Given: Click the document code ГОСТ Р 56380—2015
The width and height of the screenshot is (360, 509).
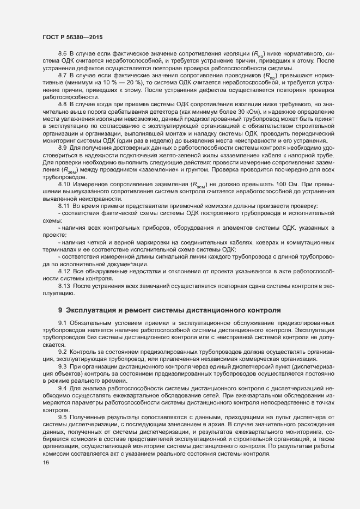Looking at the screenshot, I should click(71, 37).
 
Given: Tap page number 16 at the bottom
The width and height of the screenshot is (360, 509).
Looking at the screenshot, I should click(46, 463).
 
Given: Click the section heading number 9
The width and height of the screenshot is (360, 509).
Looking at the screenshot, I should click(60, 310).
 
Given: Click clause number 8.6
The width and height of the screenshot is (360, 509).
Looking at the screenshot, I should click(62, 53).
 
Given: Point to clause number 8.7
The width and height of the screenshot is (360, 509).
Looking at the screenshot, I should click(62, 74).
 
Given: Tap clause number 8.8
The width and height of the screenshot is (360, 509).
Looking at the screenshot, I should click(62, 103).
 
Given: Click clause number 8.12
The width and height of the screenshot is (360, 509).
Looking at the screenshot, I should click(63, 271).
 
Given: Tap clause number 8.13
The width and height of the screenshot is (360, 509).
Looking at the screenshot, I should click(63, 286).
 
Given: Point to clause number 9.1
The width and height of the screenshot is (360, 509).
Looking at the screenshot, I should click(62, 324).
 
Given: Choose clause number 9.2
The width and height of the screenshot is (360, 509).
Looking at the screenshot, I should click(62, 353).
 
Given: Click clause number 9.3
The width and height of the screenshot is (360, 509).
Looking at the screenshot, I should click(62, 367).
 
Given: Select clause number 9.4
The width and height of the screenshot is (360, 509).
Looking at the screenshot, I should click(62, 388).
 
